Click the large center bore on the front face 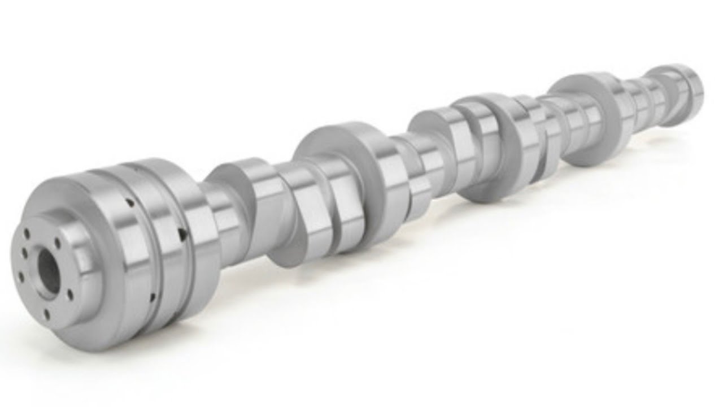tap(49, 271)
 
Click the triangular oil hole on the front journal tap(181, 231)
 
